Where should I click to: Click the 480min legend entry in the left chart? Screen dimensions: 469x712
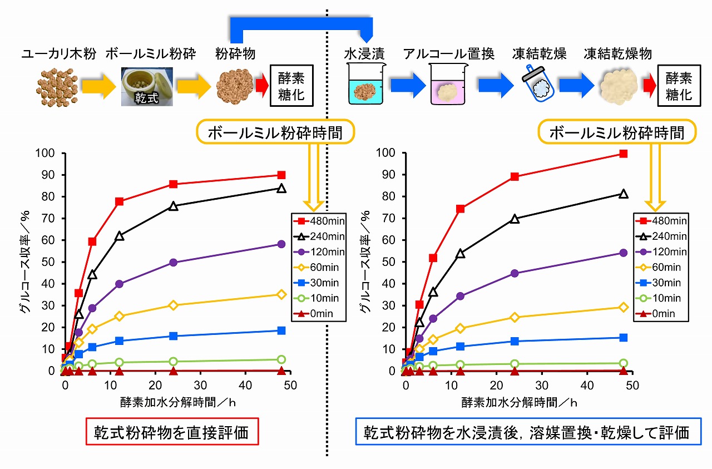pos(317,221)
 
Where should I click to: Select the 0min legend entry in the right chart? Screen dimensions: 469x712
pos(659,314)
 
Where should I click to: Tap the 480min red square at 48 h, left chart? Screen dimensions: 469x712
pos(281,175)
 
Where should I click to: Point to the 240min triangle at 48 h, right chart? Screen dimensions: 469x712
pos(623,194)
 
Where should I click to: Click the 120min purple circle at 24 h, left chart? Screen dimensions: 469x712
pos(173,263)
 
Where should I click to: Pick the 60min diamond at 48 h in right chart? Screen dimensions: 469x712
pos(623,307)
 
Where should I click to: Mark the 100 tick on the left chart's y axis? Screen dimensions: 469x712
pos(48,152)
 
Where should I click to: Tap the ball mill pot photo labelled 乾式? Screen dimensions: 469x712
pos(147,86)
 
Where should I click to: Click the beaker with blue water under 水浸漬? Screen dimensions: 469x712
pos(364,85)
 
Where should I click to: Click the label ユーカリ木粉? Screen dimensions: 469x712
pos(59,54)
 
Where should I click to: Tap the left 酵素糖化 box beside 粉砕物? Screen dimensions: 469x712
pos(291,86)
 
